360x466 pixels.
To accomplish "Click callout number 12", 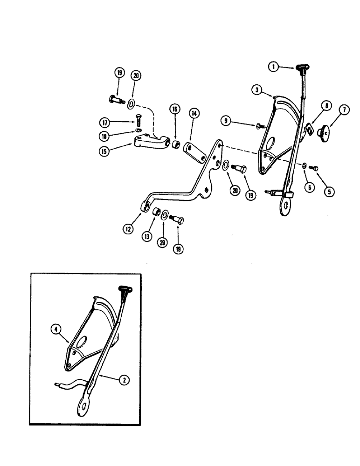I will point(129,229).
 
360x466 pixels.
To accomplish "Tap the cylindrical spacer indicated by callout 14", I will point(195,151).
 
